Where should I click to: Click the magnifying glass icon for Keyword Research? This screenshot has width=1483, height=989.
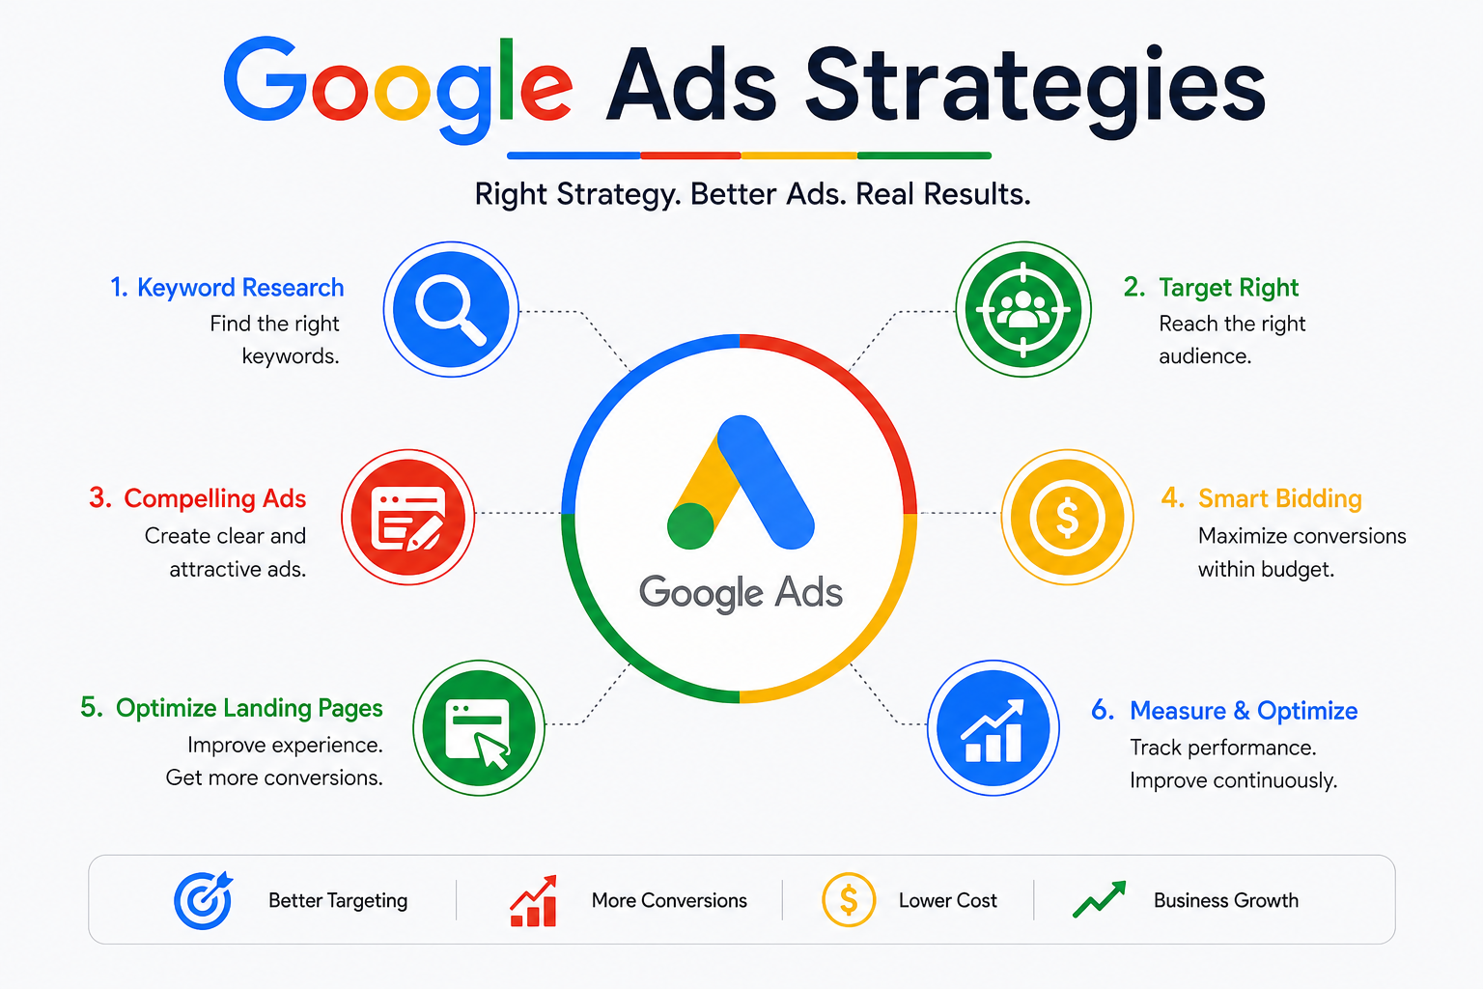point(451,309)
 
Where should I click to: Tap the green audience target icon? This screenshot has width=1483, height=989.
point(1022,309)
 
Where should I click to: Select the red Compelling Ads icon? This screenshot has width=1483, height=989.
point(407,517)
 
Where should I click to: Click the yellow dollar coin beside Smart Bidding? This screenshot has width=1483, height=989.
point(1067,517)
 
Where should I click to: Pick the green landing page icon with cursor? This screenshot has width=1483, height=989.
point(479,727)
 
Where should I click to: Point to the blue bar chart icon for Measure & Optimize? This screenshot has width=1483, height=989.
point(993,727)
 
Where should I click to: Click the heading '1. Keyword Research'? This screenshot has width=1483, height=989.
point(227,288)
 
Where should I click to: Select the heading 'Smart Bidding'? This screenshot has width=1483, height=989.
point(1279,498)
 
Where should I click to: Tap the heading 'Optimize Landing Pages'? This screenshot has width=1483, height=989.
point(249,708)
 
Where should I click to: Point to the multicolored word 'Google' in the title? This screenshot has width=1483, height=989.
point(397,88)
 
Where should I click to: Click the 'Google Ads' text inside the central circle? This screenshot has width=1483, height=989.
point(741,591)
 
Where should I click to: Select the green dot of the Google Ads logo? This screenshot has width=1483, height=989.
point(690,526)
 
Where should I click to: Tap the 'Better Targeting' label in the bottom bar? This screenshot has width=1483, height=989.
point(338,900)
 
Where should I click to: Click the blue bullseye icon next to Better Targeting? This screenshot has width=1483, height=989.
point(204,899)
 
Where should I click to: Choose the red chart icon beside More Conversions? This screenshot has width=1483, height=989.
point(534,900)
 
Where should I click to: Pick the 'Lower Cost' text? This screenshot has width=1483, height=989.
point(947,900)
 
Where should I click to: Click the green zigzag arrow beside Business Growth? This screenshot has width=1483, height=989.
point(1099,899)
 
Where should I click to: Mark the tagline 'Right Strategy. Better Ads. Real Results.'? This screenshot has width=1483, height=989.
point(753,194)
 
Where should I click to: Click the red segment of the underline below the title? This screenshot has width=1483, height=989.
point(690,155)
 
